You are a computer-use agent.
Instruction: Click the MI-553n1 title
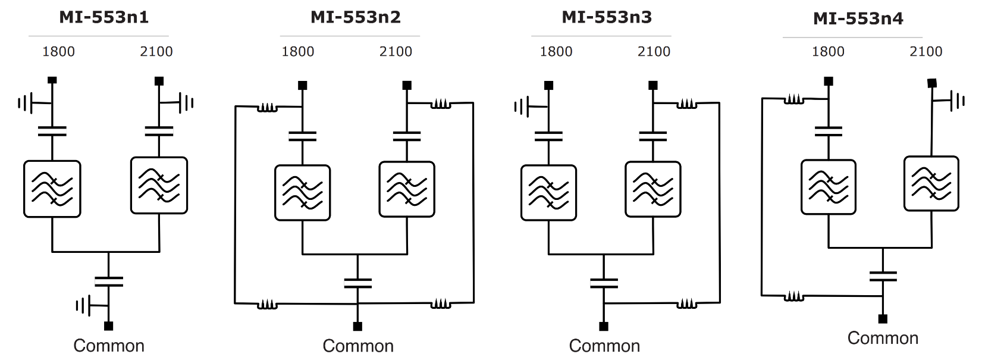(x=104, y=17)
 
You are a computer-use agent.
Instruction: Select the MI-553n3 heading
(x=607, y=17)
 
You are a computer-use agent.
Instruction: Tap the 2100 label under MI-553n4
(x=925, y=52)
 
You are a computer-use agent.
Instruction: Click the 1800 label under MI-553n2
(x=297, y=52)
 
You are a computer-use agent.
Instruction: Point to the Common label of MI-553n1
(x=109, y=346)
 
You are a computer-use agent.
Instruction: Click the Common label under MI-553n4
(x=883, y=338)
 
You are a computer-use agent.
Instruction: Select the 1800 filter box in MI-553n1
(x=52, y=189)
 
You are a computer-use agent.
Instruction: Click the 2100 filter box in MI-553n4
(x=931, y=183)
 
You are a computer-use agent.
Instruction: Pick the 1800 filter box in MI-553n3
(x=548, y=193)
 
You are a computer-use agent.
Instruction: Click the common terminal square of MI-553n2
(x=357, y=326)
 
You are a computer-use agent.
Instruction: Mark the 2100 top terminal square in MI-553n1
(x=159, y=81)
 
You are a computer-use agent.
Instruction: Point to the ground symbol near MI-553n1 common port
(x=83, y=306)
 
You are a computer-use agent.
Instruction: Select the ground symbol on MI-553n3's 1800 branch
(x=521, y=107)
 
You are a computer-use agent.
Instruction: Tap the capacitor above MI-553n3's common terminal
(x=604, y=283)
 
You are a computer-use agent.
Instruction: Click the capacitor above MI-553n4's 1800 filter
(x=829, y=132)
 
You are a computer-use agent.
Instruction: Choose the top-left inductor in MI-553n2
(x=267, y=108)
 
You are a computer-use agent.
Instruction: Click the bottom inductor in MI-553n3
(x=686, y=304)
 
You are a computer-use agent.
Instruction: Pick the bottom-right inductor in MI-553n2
(x=441, y=303)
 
